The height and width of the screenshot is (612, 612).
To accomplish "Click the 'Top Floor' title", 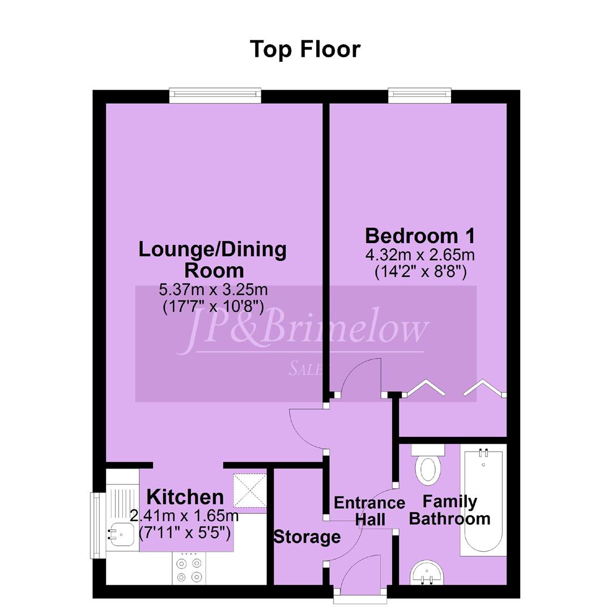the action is (305, 49).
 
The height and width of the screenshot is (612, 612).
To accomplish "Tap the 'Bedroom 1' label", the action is (420, 236).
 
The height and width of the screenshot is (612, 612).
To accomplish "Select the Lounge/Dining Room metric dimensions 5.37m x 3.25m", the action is (213, 290).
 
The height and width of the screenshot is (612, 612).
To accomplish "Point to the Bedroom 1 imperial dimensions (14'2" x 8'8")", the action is (420, 271).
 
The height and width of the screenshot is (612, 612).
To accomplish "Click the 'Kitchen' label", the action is (185, 498).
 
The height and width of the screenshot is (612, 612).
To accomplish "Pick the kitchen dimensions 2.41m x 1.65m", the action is (184, 516).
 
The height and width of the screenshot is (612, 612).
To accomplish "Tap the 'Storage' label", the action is (307, 537).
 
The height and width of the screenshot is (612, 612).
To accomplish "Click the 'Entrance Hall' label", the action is (369, 511).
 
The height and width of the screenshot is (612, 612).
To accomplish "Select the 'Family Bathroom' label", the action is (449, 510).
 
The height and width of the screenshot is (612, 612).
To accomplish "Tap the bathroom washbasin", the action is (427, 573).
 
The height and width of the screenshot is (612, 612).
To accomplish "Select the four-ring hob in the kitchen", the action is (189, 569).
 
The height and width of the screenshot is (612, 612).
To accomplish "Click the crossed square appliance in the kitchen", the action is (250, 490).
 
